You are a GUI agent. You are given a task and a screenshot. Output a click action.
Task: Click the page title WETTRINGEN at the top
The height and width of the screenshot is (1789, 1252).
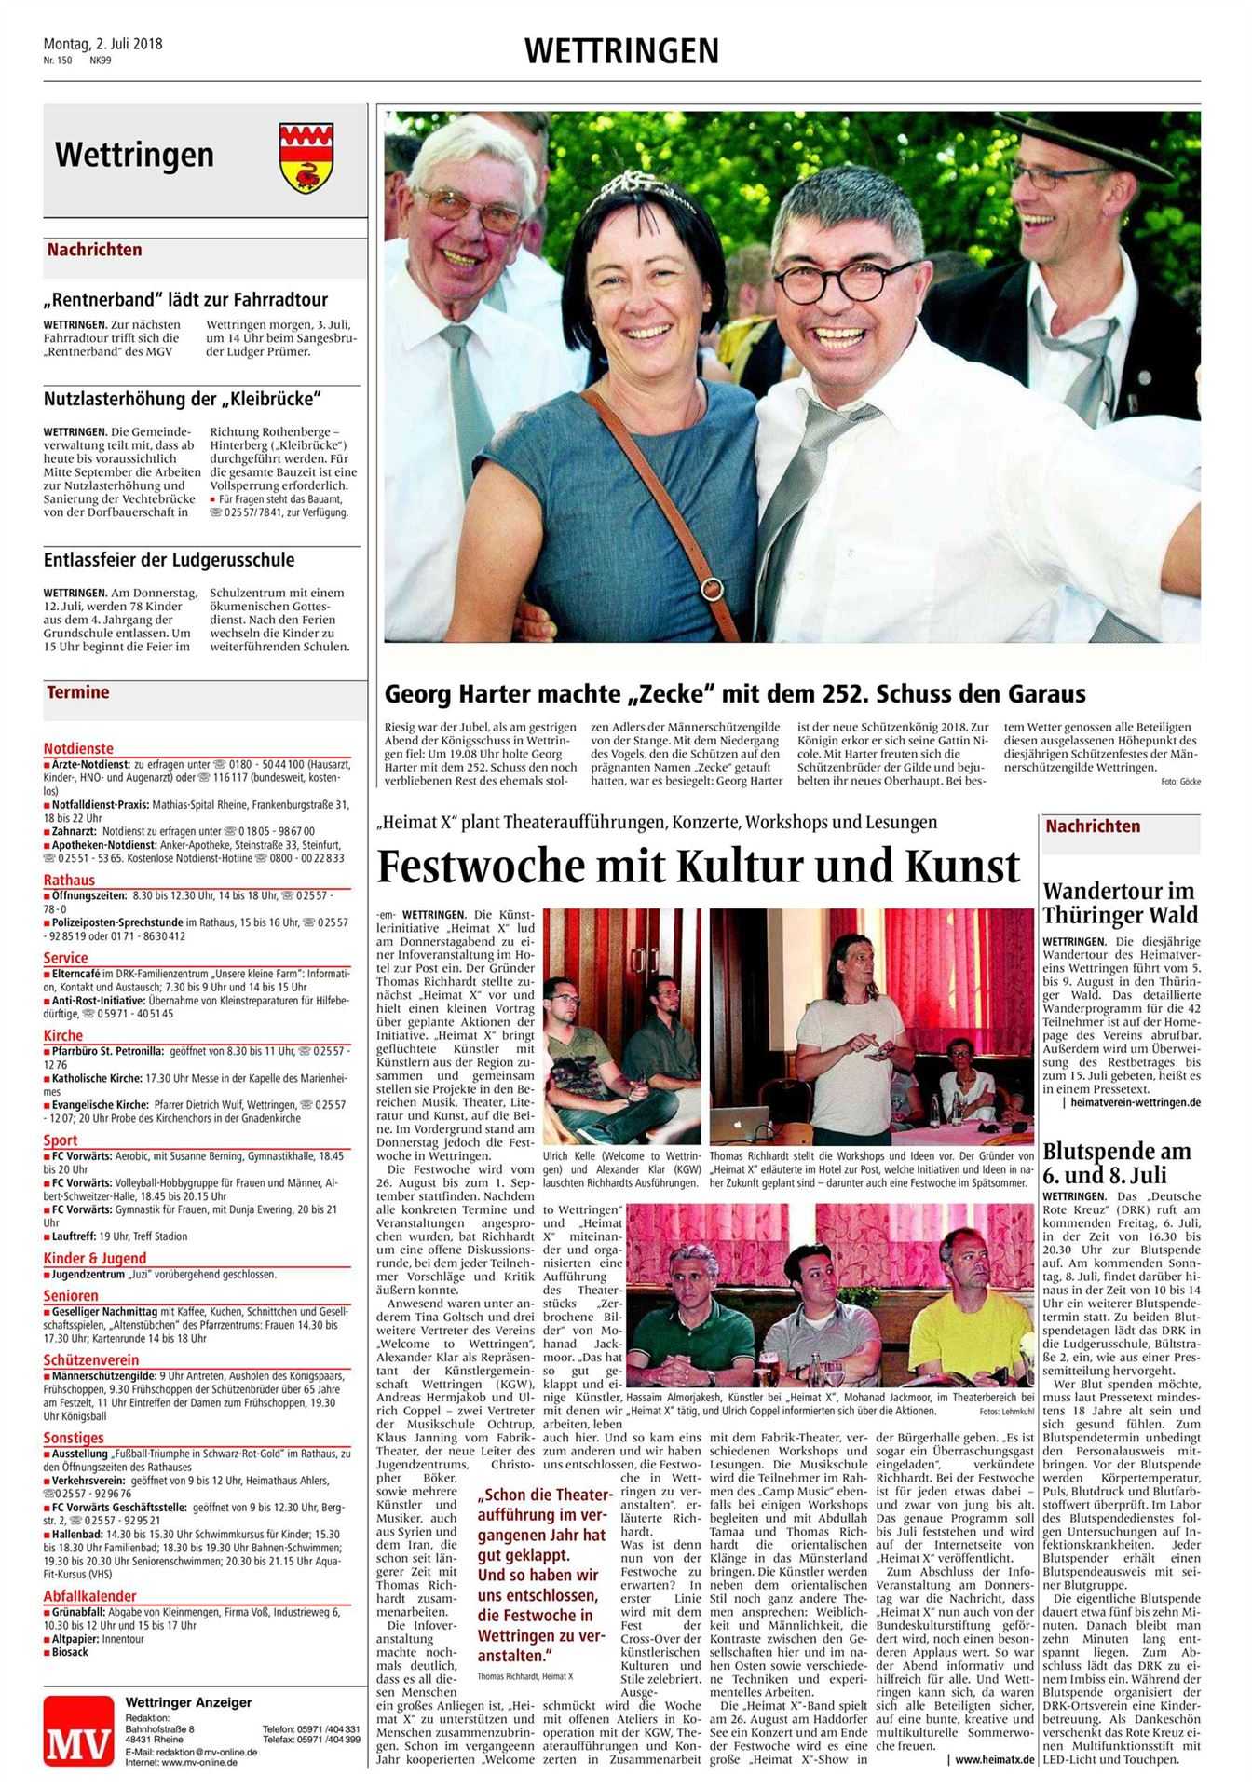click(621, 50)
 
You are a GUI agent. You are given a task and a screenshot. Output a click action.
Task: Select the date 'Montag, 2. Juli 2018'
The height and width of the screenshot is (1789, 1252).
click(102, 44)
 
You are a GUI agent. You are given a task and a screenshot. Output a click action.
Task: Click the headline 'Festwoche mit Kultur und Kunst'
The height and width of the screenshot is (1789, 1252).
click(698, 867)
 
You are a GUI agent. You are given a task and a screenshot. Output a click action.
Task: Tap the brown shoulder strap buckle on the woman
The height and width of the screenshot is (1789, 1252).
click(713, 588)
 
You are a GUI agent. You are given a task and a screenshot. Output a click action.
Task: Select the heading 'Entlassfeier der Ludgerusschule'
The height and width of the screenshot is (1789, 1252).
click(169, 560)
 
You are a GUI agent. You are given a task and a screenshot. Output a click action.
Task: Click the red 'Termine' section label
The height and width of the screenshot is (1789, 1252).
click(78, 692)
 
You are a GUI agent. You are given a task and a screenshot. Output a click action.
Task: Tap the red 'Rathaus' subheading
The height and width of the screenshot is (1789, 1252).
click(69, 880)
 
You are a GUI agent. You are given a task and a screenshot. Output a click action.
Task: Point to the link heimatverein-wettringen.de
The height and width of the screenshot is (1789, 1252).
click(1136, 1102)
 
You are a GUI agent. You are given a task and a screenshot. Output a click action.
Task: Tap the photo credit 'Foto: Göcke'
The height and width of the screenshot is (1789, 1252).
click(1180, 781)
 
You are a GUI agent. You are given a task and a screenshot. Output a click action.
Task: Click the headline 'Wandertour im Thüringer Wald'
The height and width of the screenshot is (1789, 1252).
click(1120, 902)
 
